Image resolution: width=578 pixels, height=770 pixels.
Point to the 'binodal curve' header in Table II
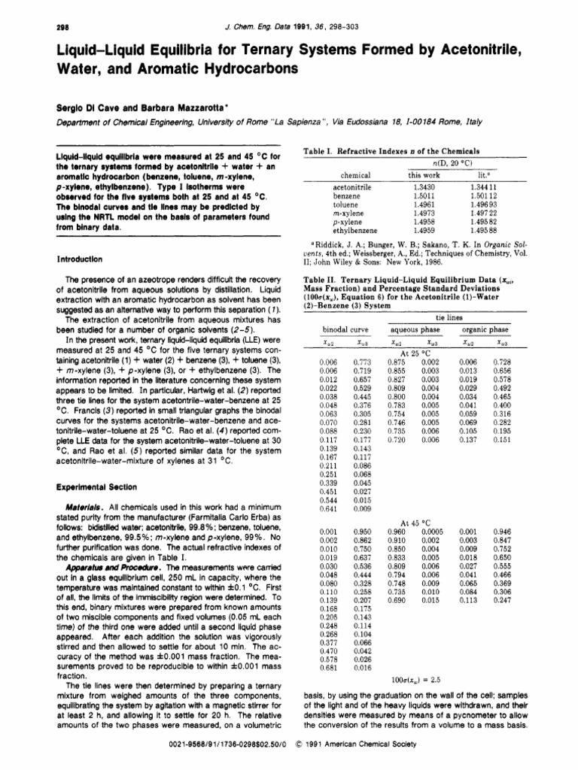(343, 329)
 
